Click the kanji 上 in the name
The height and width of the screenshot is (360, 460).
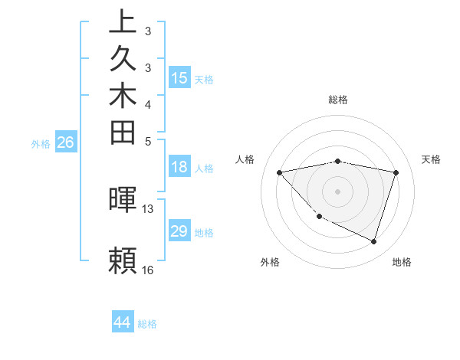pyautogui.click(x=123, y=21)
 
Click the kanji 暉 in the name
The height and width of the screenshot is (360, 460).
pyautogui.click(x=123, y=198)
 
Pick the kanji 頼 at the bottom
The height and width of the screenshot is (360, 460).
pyautogui.click(x=123, y=260)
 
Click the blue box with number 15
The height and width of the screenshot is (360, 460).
pyautogui.click(x=179, y=77)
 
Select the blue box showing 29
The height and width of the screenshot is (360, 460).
pyautogui.click(x=179, y=231)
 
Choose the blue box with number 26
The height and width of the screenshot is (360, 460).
pyautogui.click(x=65, y=142)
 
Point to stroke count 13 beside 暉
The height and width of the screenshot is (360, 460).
pyautogui.click(x=148, y=208)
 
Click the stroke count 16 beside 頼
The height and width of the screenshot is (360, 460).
pyautogui.click(x=148, y=270)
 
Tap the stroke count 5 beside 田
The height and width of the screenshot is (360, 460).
pyautogui.click(x=148, y=141)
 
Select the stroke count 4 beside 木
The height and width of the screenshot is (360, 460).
pyautogui.click(x=148, y=103)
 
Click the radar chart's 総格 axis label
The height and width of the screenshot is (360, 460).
pyautogui.click(x=338, y=100)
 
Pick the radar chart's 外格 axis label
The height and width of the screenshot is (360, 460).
pyautogui.click(x=270, y=262)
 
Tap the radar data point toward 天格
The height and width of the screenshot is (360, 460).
pyautogui.click(x=396, y=172)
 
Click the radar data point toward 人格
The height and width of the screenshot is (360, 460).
pyautogui.click(x=280, y=172)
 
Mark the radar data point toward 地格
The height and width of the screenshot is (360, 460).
pyautogui.click(x=373, y=241)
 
